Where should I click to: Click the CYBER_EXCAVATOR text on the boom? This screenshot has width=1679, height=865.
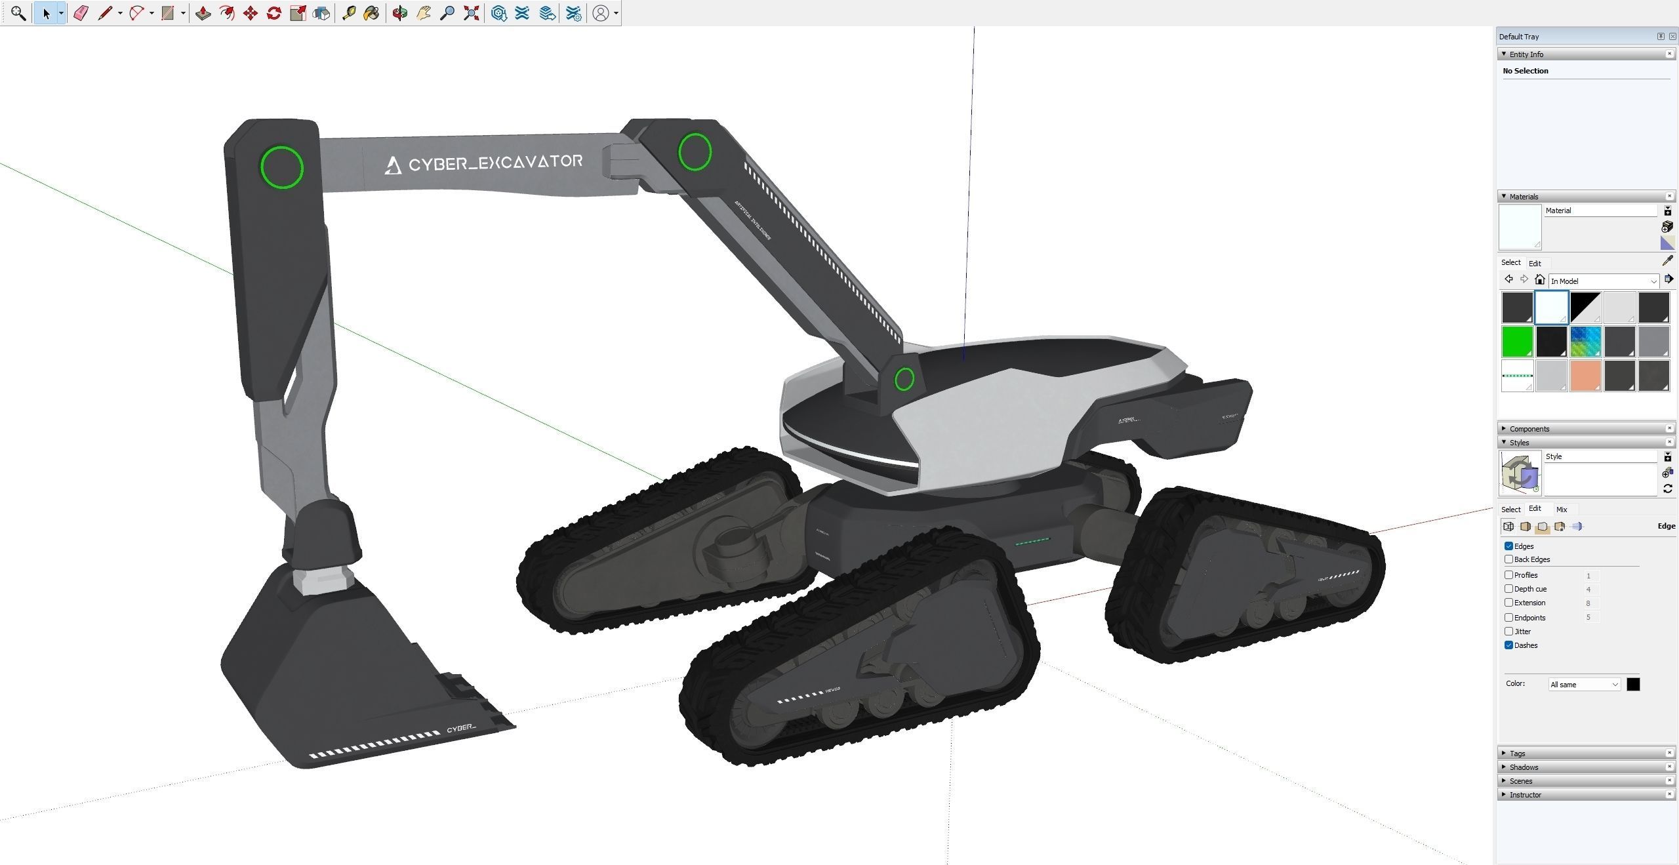tap(485, 163)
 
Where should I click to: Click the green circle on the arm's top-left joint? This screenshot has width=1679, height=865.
tap(282, 168)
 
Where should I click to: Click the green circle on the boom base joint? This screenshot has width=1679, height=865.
tap(904, 378)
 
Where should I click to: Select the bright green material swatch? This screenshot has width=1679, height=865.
tap(1517, 342)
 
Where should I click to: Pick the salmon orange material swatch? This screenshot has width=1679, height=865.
tap(1585, 376)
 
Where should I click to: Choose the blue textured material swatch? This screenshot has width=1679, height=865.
tap(1585, 342)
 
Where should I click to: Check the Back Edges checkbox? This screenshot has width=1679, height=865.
tap(1508, 559)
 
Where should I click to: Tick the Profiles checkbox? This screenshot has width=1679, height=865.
tap(1508, 575)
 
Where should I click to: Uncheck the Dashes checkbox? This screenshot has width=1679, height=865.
tap(1508, 645)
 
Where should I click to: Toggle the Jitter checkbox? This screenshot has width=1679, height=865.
tap(1508, 632)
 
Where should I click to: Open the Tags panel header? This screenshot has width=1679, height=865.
tap(1517, 754)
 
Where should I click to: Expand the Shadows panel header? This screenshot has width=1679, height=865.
tap(1523, 767)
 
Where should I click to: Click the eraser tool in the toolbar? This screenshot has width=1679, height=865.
tap(81, 13)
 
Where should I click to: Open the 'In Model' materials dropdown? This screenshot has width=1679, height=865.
tap(1603, 281)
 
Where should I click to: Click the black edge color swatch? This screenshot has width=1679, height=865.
tap(1633, 685)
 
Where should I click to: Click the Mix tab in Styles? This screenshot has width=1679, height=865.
tap(1562, 510)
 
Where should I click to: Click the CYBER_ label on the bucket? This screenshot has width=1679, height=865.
tap(461, 729)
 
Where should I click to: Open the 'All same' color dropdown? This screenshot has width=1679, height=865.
tap(1584, 685)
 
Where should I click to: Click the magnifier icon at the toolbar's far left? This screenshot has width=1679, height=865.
tap(18, 13)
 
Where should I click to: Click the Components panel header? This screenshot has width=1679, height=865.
tap(1529, 429)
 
